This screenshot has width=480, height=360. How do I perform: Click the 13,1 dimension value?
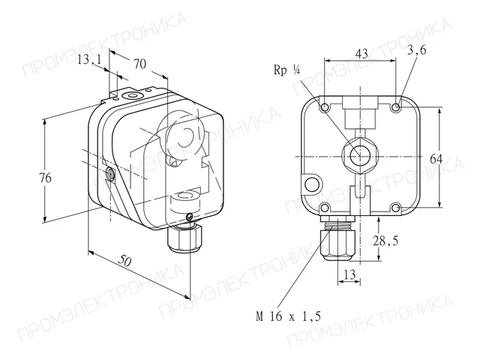(x=88, y=59)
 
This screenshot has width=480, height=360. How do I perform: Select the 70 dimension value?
(x=140, y=64)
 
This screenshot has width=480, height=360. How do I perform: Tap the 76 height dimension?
(x=45, y=178)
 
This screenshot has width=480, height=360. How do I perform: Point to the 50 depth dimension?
(x=125, y=261)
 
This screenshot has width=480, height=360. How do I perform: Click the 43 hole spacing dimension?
(x=361, y=53)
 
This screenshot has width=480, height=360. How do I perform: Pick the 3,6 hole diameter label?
(x=417, y=50)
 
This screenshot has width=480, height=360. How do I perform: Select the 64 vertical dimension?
(x=436, y=159)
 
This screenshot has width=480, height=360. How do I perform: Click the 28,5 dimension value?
(x=385, y=241)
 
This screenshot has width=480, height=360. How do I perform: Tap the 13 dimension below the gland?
(x=349, y=274)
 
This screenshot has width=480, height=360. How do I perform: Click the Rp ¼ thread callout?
(x=286, y=70)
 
